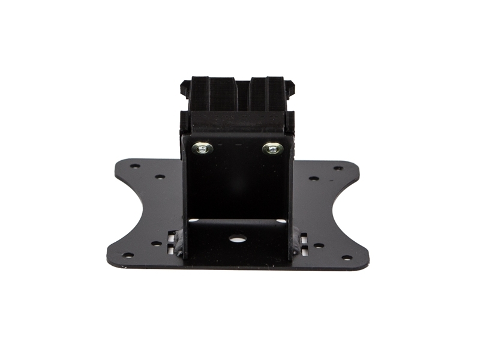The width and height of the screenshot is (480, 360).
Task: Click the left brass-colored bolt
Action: tap(203, 148)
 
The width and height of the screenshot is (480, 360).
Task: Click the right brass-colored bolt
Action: tap(273, 148)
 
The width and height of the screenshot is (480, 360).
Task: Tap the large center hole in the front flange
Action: tap(238, 238)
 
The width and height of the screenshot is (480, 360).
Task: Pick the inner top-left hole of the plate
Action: tap(160, 177)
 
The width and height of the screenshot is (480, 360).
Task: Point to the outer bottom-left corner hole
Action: tap(128, 255)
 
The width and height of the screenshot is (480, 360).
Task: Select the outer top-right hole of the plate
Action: tap(338, 168)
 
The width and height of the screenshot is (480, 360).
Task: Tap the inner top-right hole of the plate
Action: tap(313, 178)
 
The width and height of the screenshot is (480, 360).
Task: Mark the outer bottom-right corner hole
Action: tap(346, 258)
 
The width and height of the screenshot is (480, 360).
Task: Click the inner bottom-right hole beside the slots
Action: tap(319, 245)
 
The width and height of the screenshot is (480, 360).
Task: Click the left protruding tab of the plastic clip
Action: tap(184, 89)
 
